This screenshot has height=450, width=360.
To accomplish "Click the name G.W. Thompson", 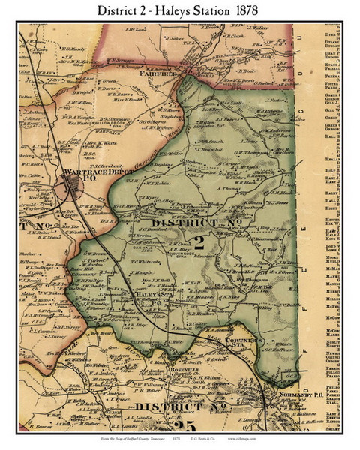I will point(240,153).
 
